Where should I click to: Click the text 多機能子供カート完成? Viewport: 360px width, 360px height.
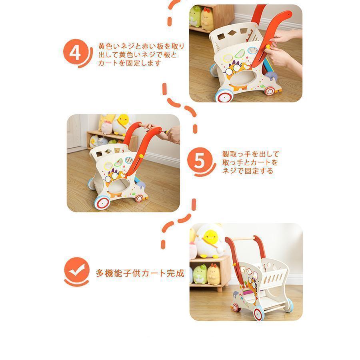click(x=140, y=273)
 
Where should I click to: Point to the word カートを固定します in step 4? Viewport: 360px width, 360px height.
click(x=130, y=63)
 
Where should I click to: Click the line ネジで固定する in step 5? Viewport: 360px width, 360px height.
click(x=248, y=171)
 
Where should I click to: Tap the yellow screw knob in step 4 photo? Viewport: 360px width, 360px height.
click(x=268, y=47)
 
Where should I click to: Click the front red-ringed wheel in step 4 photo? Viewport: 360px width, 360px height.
click(x=224, y=96)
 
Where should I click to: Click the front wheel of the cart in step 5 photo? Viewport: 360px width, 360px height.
click(x=102, y=202)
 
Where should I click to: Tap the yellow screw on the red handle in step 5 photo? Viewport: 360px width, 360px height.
click(x=141, y=156)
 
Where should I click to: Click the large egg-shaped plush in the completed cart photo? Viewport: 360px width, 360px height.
click(x=210, y=241)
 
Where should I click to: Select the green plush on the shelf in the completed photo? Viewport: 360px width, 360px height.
click(x=200, y=274)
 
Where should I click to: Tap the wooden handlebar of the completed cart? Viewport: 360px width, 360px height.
click(x=244, y=239)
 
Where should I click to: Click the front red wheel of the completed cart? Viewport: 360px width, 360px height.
click(x=259, y=313)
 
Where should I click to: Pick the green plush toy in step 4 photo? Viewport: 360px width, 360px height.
click(x=195, y=16)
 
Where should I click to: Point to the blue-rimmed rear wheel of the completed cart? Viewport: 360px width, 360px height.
click(x=289, y=305)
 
